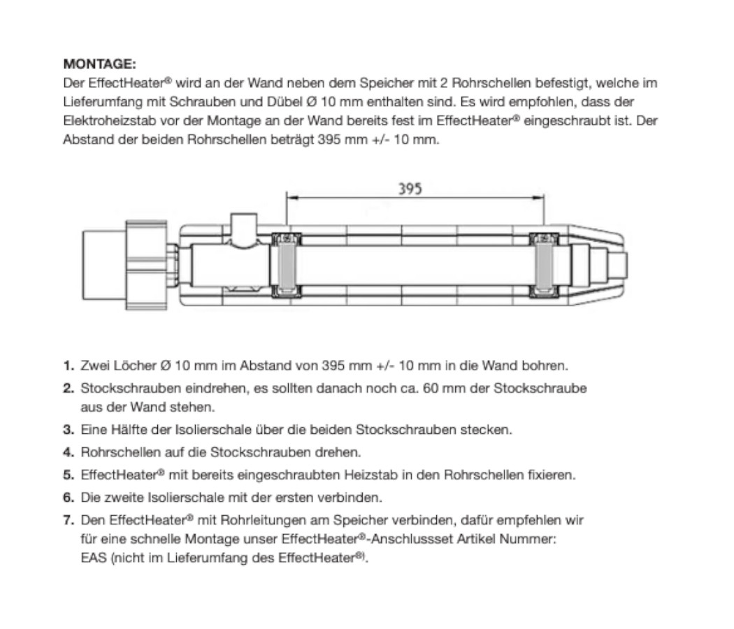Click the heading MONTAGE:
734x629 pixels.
point(99,64)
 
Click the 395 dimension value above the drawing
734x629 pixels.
point(410,189)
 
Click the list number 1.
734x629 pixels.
point(67,366)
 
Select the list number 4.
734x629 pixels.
point(67,452)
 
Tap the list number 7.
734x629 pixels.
point(67,520)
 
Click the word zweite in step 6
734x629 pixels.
point(120,498)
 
